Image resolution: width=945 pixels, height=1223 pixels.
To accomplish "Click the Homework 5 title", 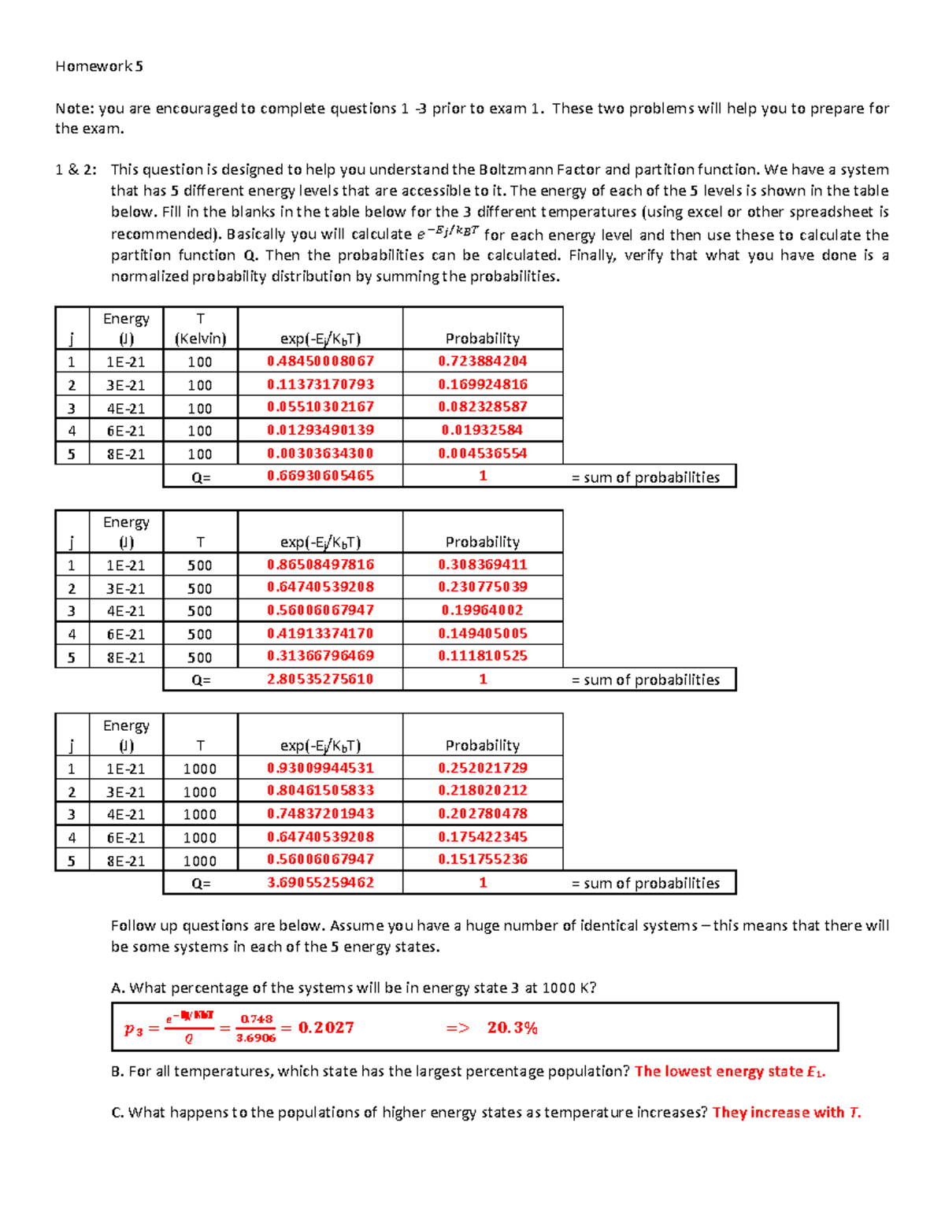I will (99, 66).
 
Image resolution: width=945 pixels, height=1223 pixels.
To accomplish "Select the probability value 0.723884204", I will (483, 361).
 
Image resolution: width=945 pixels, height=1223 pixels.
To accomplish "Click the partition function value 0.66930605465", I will (321, 476).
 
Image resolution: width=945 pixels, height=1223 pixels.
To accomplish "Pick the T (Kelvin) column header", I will (200, 328).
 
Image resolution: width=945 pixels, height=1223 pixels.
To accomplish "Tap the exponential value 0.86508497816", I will (321, 565).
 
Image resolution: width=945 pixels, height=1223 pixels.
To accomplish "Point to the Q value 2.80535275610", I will (321, 679).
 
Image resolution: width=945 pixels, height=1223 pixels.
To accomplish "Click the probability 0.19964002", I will (483, 610).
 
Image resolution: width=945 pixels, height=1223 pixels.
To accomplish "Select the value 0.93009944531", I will (321, 768).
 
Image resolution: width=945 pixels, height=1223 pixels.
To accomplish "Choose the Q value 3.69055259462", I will (321, 883).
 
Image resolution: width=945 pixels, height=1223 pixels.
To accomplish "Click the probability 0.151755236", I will (483, 859).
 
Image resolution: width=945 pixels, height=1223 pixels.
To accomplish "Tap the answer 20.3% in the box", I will (512, 1028).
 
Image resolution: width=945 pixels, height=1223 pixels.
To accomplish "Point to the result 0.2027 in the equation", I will (326, 1028).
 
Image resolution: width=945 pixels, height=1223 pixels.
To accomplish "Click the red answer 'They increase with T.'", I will (787, 1112).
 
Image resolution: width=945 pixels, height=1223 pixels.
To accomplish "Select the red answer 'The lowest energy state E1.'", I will (730, 1071).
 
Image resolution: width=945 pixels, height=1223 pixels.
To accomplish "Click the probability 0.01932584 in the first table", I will (483, 430).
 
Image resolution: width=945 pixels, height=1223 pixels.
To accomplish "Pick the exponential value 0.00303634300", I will (321, 454).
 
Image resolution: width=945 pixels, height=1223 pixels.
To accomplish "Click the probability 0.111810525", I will (483, 656).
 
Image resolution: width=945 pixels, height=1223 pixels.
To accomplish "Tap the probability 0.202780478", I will (483, 813).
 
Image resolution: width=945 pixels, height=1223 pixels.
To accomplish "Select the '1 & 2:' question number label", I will (76, 169).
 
